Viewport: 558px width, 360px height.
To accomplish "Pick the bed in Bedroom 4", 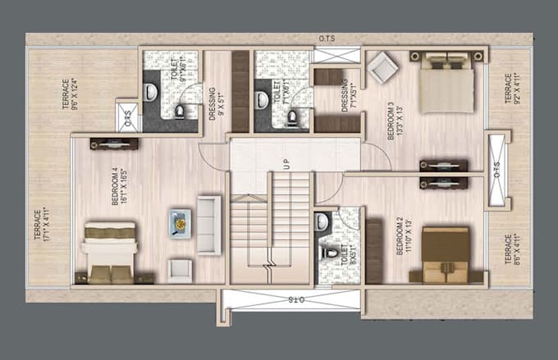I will point(108,252).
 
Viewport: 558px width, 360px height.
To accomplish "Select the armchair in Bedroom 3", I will point(381,70).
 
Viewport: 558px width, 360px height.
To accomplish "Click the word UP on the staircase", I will point(287,164).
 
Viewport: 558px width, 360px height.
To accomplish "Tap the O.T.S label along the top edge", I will point(327,39).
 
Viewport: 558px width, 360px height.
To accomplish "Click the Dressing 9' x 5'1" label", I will point(217,104).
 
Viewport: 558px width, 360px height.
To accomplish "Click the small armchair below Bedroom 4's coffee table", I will point(181,268).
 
